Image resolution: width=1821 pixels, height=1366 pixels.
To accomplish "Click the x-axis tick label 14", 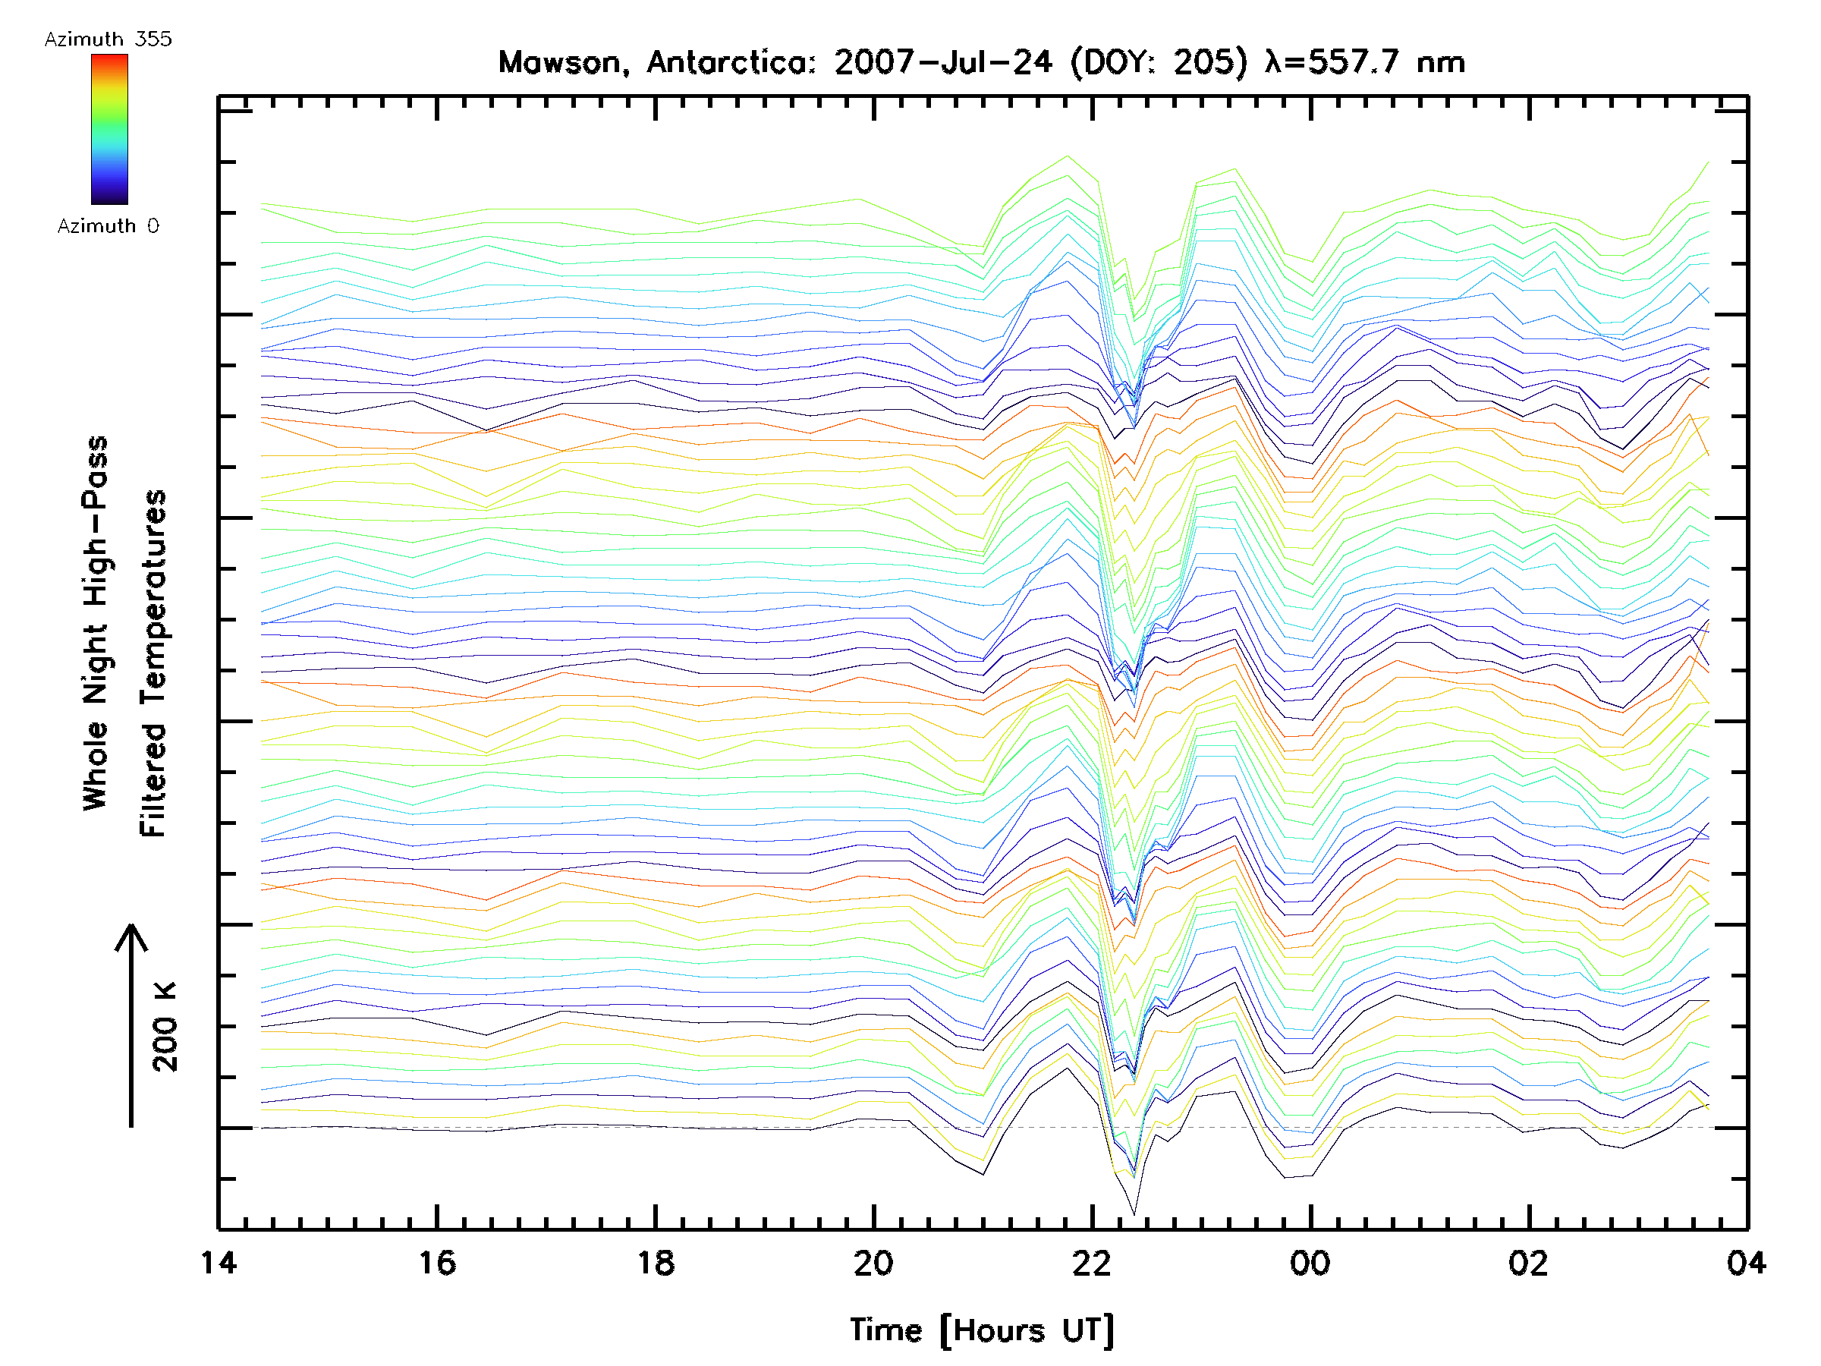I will pyautogui.click(x=219, y=1263).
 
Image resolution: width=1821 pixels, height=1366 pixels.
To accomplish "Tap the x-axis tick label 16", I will pyautogui.click(x=436, y=1263).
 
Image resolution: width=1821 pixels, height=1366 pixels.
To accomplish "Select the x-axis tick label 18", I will pyautogui.click(x=656, y=1263).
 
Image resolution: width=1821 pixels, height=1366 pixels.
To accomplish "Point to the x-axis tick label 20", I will pyautogui.click(x=873, y=1263).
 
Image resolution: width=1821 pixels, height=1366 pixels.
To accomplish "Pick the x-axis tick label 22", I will pyautogui.click(x=1093, y=1263).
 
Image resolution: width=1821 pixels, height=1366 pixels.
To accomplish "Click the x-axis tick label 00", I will pyautogui.click(x=1310, y=1263).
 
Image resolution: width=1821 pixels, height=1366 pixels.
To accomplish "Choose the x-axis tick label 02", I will pyautogui.click(x=1529, y=1263).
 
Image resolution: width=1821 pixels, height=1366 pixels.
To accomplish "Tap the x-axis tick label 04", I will pyautogui.click(x=1747, y=1263).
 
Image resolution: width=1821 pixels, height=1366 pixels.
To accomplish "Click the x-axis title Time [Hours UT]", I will pyautogui.click(x=982, y=1330).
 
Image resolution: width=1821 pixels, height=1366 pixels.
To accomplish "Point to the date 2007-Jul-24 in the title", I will pyautogui.click(x=942, y=62).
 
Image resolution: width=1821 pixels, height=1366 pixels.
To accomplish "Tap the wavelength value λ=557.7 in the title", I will pyautogui.click(x=1331, y=62).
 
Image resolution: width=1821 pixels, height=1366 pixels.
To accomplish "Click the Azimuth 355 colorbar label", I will pyautogui.click(x=108, y=39).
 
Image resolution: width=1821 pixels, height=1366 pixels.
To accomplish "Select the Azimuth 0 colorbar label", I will pyautogui.click(x=108, y=226).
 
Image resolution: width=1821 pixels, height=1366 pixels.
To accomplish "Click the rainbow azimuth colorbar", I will pyautogui.click(x=109, y=129).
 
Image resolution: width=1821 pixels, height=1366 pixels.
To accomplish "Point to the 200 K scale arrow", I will pyautogui.click(x=131, y=1025).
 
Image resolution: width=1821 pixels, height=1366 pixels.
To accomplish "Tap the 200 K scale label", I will pyautogui.click(x=165, y=1027).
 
